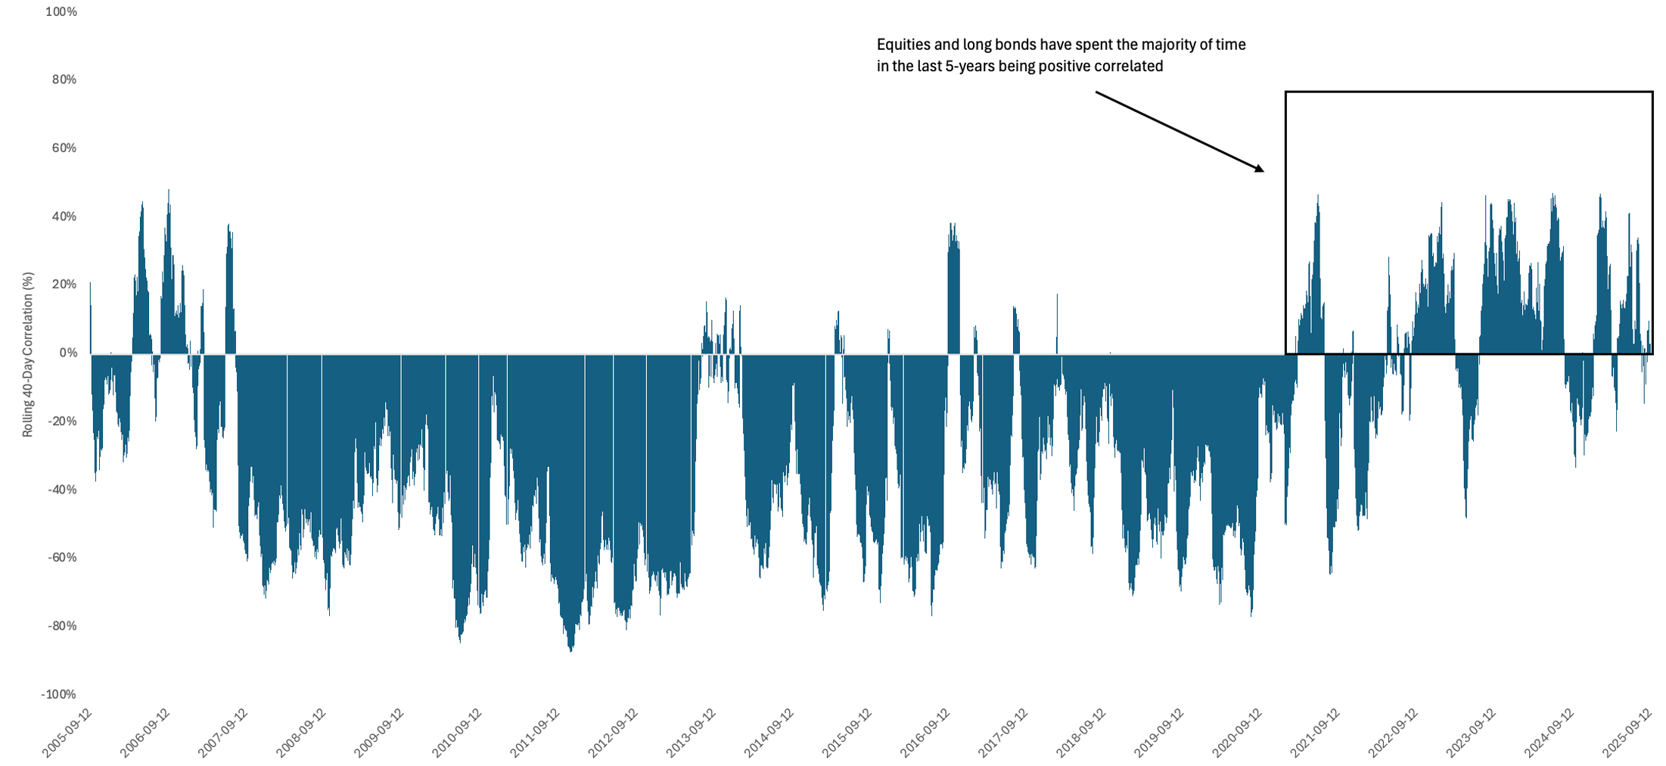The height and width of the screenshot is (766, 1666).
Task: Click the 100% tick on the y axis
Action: tap(61, 12)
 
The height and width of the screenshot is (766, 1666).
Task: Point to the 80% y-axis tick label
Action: tap(64, 80)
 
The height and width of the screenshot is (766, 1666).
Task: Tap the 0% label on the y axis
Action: tap(67, 353)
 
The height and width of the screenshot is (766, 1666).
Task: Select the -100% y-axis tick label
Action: tap(58, 695)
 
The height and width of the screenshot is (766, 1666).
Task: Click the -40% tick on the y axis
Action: tap(61, 490)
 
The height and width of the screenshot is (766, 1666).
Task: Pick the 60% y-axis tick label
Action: tap(64, 148)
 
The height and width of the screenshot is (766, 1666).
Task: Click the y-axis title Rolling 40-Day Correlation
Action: tap(28, 354)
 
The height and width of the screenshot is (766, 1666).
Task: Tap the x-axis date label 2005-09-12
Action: tap(67, 732)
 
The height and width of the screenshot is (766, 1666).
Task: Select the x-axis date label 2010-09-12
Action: tap(457, 732)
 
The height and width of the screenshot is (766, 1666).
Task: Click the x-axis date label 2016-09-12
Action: tap(925, 732)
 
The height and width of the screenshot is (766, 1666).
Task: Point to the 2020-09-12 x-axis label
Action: tap(1236, 732)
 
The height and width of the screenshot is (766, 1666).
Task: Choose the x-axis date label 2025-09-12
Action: tap(1626, 732)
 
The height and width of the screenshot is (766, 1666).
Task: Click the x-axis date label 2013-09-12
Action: tap(691, 732)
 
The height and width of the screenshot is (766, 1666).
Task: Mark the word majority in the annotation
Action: tap(1145, 45)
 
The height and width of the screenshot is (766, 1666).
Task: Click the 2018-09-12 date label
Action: tap(1080, 732)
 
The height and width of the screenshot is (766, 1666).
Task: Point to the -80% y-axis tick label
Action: tap(61, 627)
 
